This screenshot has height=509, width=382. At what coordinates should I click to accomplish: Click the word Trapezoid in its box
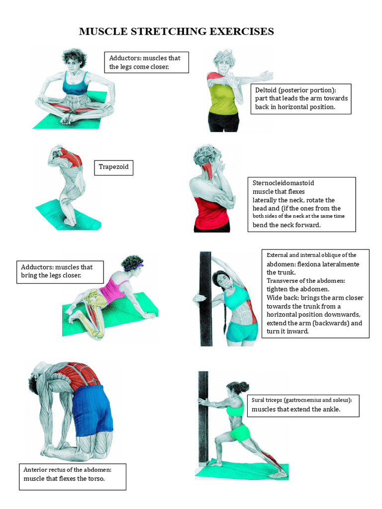113,167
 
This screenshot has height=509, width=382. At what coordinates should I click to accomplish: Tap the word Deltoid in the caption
266,90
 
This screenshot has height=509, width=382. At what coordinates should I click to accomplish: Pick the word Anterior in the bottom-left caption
36,469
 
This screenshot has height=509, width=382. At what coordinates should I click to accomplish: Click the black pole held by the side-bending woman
205,298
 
